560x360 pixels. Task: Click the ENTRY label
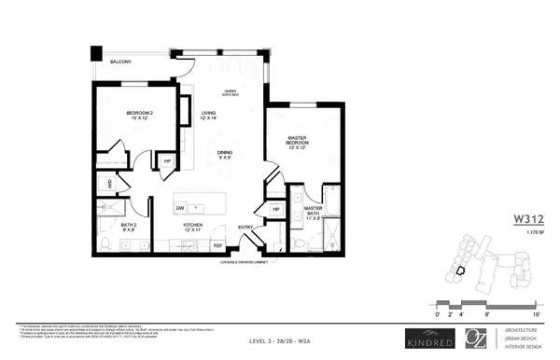click(245, 227)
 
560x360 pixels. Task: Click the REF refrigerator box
click(217, 245)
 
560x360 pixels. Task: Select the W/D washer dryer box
click(109, 185)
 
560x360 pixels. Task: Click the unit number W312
click(529, 221)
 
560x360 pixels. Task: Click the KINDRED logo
click(430, 338)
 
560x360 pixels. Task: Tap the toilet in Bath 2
click(105, 243)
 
